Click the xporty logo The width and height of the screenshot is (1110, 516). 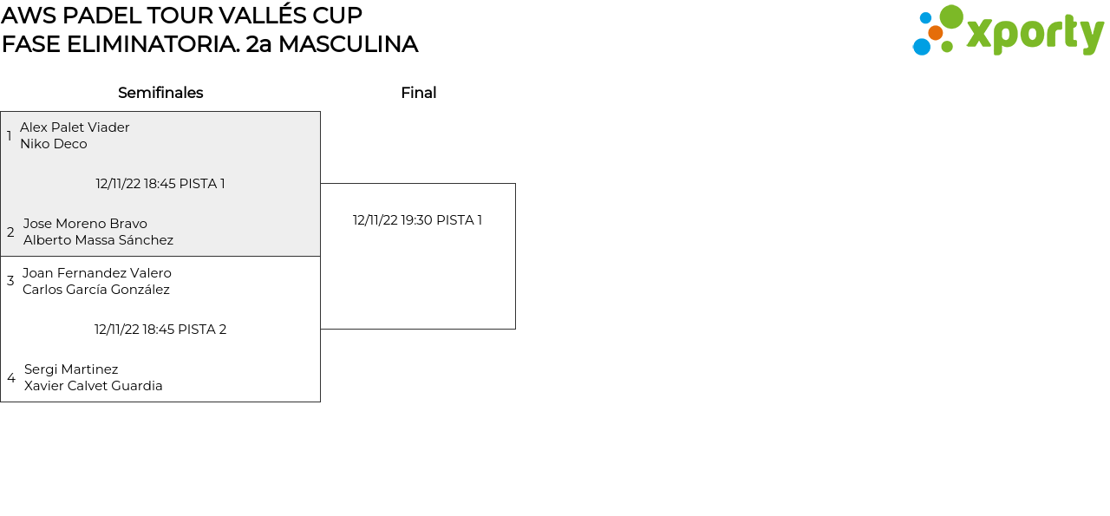[x=1008, y=31]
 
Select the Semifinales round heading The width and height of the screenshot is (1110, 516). [x=160, y=93]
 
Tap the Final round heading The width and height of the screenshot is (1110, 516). [x=418, y=93]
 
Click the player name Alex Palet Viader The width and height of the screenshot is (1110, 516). [x=75, y=127]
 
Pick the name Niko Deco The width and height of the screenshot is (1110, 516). [x=54, y=144]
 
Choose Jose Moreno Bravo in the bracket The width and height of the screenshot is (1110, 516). [x=85, y=224]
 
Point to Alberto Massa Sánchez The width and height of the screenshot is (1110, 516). [x=98, y=240]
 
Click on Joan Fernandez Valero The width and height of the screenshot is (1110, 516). [x=97, y=273]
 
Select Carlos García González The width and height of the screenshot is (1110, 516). [x=96, y=290]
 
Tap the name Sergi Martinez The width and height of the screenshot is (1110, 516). [x=71, y=369]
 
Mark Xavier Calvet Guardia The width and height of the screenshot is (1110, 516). [x=94, y=386]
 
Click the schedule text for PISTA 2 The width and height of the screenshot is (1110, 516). [x=160, y=330]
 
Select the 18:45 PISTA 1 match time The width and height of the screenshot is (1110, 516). [x=160, y=184]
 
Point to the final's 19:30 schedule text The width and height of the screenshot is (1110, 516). [x=417, y=220]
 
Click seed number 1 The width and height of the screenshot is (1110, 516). [x=10, y=136]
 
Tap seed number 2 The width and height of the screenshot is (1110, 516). [x=10, y=232]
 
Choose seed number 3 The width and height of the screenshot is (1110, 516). [x=10, y=281]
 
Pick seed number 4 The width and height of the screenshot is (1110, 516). [x=11, y=378]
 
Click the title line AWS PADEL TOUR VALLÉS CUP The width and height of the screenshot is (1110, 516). [x=182, y=16]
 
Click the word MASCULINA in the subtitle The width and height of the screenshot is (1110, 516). [x=348, y=44]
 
